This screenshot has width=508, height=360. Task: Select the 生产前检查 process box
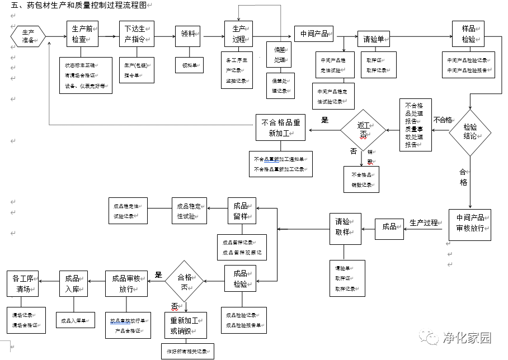click(x=82, y=34)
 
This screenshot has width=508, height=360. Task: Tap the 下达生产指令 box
click(x=137, y=34)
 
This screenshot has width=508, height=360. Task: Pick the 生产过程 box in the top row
click(x=239, y=34)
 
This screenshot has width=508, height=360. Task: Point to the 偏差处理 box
click(x=280, y=55)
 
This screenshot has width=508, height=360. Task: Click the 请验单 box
click(x=373, y=39)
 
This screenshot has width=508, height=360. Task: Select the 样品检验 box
click(x=468, y=34)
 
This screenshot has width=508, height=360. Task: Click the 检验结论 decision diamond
click(x=470, y=132)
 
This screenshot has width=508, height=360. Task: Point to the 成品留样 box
click(x=241, y=211)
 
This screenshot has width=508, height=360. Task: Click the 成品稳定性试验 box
click(x=189, y=211)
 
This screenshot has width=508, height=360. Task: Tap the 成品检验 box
click(x=241, y=278)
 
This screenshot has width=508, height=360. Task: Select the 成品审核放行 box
click(x=126, y=283)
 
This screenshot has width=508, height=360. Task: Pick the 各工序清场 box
click(x=23, y=283)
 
